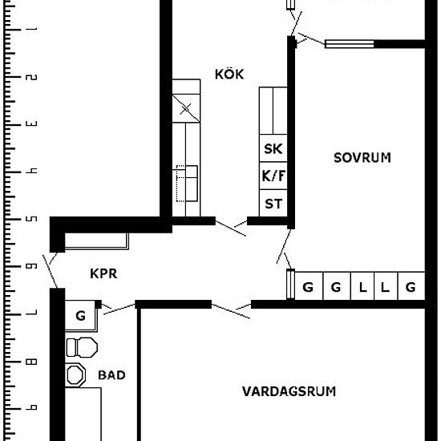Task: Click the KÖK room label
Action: pos(229,74)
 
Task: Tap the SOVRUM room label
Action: pos(362,157)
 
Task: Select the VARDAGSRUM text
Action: pos(289,391)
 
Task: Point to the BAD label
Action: pos(111,375)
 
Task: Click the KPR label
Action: pos(103,273)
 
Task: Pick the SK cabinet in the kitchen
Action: pos(273,148)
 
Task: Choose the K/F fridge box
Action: pos(273,176)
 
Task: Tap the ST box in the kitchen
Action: pos(273,203)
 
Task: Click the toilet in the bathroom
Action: pos(82,347)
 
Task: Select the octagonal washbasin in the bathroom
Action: pos(75,375)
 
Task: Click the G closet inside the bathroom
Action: pos(80,315)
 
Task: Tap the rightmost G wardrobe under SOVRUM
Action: pos(411,286)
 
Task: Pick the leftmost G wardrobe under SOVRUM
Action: pos(308,286)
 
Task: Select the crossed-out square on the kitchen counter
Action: pos(186,108)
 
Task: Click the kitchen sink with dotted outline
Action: pos(187,184)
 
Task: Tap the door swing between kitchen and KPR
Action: pos(231,227)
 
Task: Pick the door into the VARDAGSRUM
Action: pos(231,310)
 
